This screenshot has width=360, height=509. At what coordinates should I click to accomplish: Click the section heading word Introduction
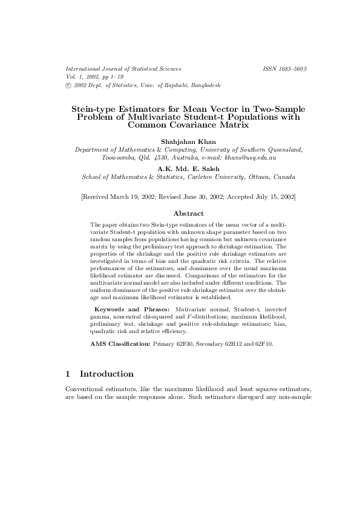click(106, 374)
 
